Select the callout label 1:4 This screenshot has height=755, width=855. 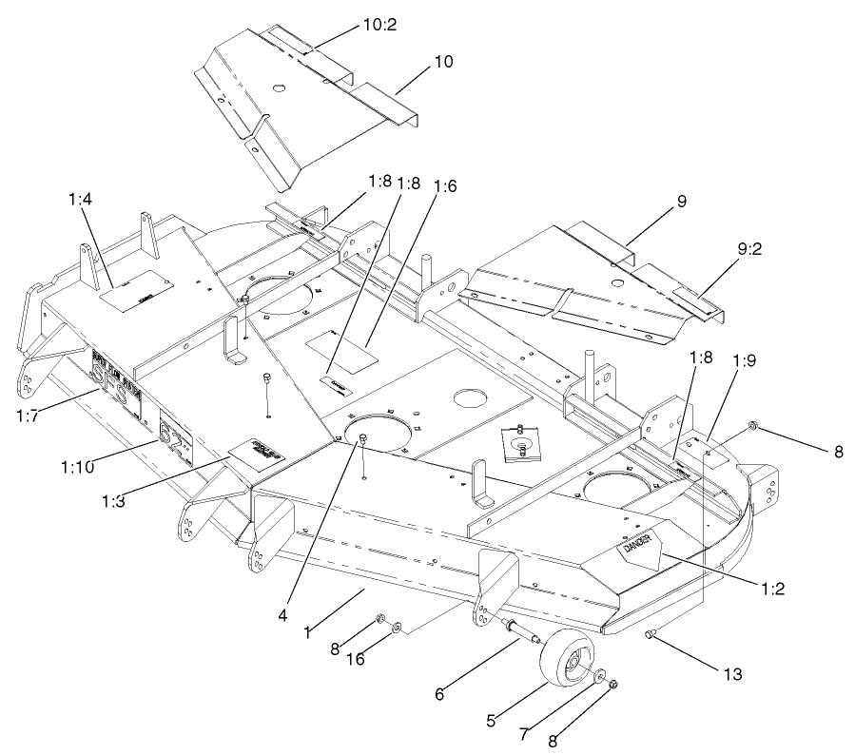pyautogui.click(x=81, y=200)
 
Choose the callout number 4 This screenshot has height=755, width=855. pyautogui.click(x=282, y=615)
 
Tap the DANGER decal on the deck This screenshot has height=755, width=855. pyautogui.click(x=633, y=546)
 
